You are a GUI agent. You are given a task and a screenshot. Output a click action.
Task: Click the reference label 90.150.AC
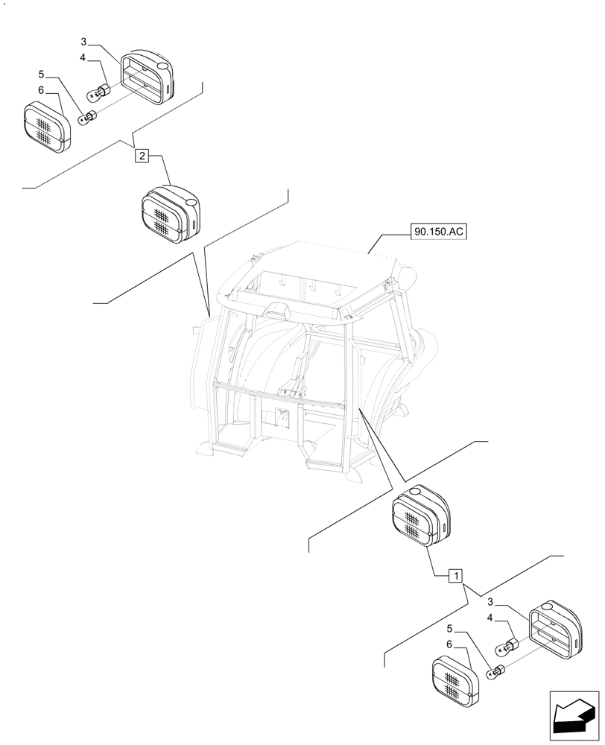point(438,232)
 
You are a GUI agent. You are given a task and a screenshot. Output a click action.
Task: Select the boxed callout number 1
point(455,575)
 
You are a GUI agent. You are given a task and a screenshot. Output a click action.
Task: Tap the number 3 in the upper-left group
point(84,42)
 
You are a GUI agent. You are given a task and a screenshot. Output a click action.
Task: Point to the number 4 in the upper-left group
point(84,57)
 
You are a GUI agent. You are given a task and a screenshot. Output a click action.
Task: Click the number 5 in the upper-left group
point(42,74)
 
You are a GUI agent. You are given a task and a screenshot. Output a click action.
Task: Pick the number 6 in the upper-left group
point(42,90)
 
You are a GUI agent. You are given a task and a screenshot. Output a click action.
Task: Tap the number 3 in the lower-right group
point(491,601)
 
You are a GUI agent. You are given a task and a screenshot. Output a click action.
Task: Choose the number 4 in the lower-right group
point(491,618)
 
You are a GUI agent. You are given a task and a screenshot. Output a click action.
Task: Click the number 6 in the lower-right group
point(449,644)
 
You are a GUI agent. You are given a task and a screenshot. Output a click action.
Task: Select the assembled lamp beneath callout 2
point(171,215)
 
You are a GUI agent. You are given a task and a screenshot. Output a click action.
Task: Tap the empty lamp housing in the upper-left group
point(147,77)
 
